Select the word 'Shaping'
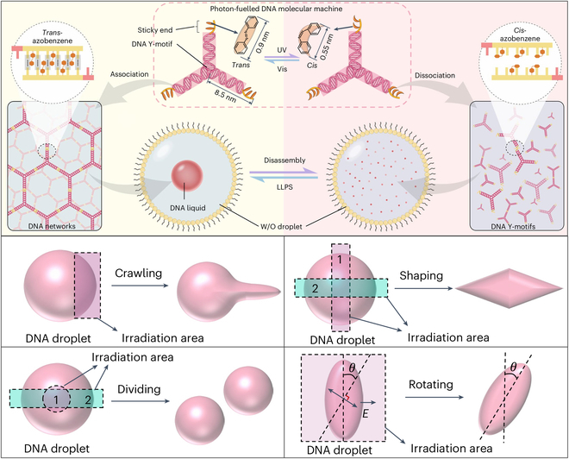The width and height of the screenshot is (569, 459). (x=421, y=275)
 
